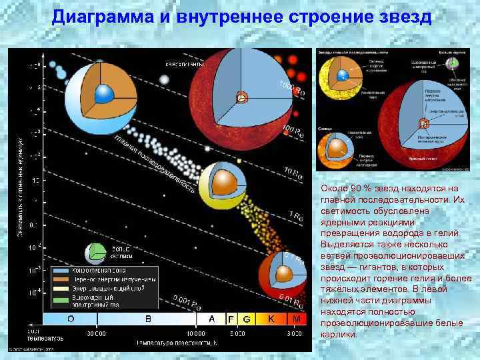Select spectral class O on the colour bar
pos(71,319)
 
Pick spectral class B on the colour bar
pos(148,319)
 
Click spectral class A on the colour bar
pos(211,319)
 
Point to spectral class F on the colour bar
pos(232,319)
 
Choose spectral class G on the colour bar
pos(246,319)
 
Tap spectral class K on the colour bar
pos(271,319)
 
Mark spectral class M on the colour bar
pos(297,319)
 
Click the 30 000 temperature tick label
pos(97,333)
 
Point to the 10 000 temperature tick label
pos(195,333)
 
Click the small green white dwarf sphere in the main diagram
pos(95,253)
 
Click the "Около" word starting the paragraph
pos(333,189)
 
